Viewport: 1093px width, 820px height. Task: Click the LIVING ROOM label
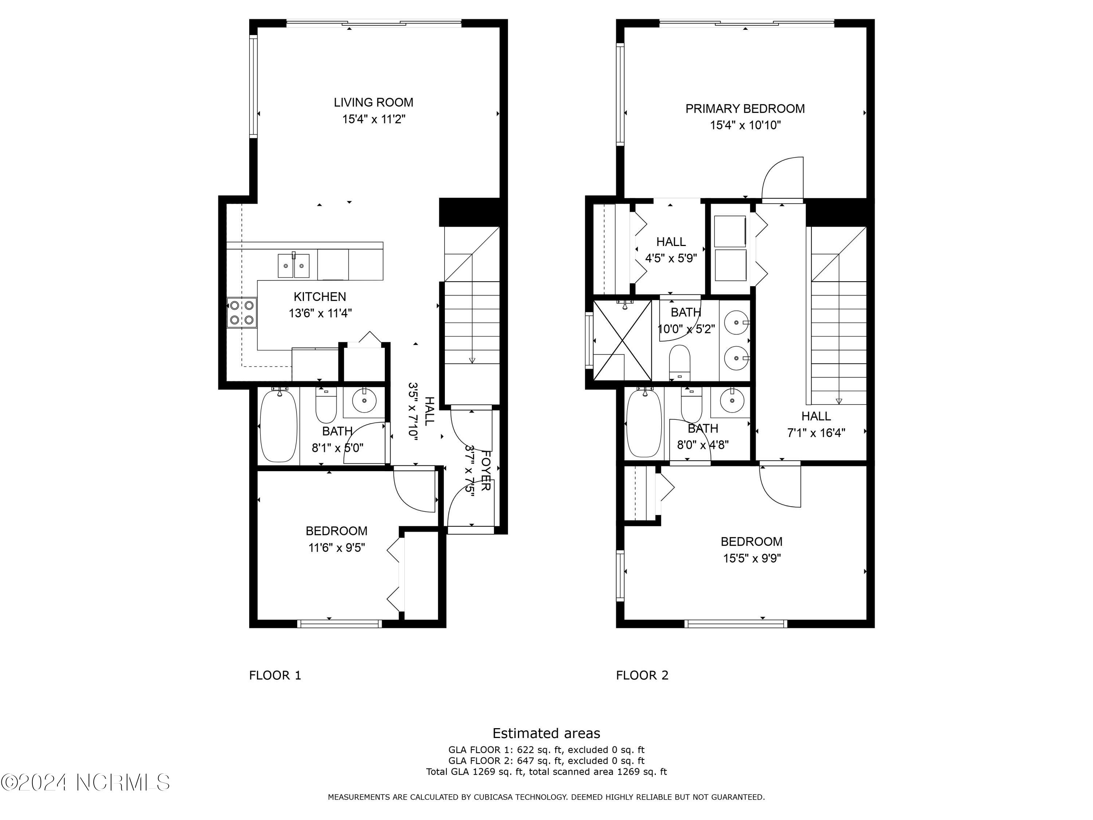(373, 102)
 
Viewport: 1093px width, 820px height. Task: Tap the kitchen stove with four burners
(242, 312)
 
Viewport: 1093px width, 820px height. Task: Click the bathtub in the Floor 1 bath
(279, 426)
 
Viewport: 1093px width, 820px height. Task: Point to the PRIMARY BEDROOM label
(745, 109)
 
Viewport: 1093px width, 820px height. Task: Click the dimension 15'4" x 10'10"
(745, 125)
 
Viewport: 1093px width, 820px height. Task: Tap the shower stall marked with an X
(622, 340)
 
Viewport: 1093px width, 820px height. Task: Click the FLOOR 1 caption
(275, 675)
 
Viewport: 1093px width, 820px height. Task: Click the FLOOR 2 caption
(642, 675)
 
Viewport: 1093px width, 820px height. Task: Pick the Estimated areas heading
(546, 733)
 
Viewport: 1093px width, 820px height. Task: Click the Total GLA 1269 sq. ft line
(546, 772)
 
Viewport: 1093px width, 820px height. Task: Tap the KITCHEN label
(320, 297)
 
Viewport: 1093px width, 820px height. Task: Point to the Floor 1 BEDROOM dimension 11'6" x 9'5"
(337, 548)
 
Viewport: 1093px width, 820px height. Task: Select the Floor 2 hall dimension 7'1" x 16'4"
(816, 433)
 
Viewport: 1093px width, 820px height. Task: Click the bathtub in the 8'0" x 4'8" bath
(644, 423)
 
